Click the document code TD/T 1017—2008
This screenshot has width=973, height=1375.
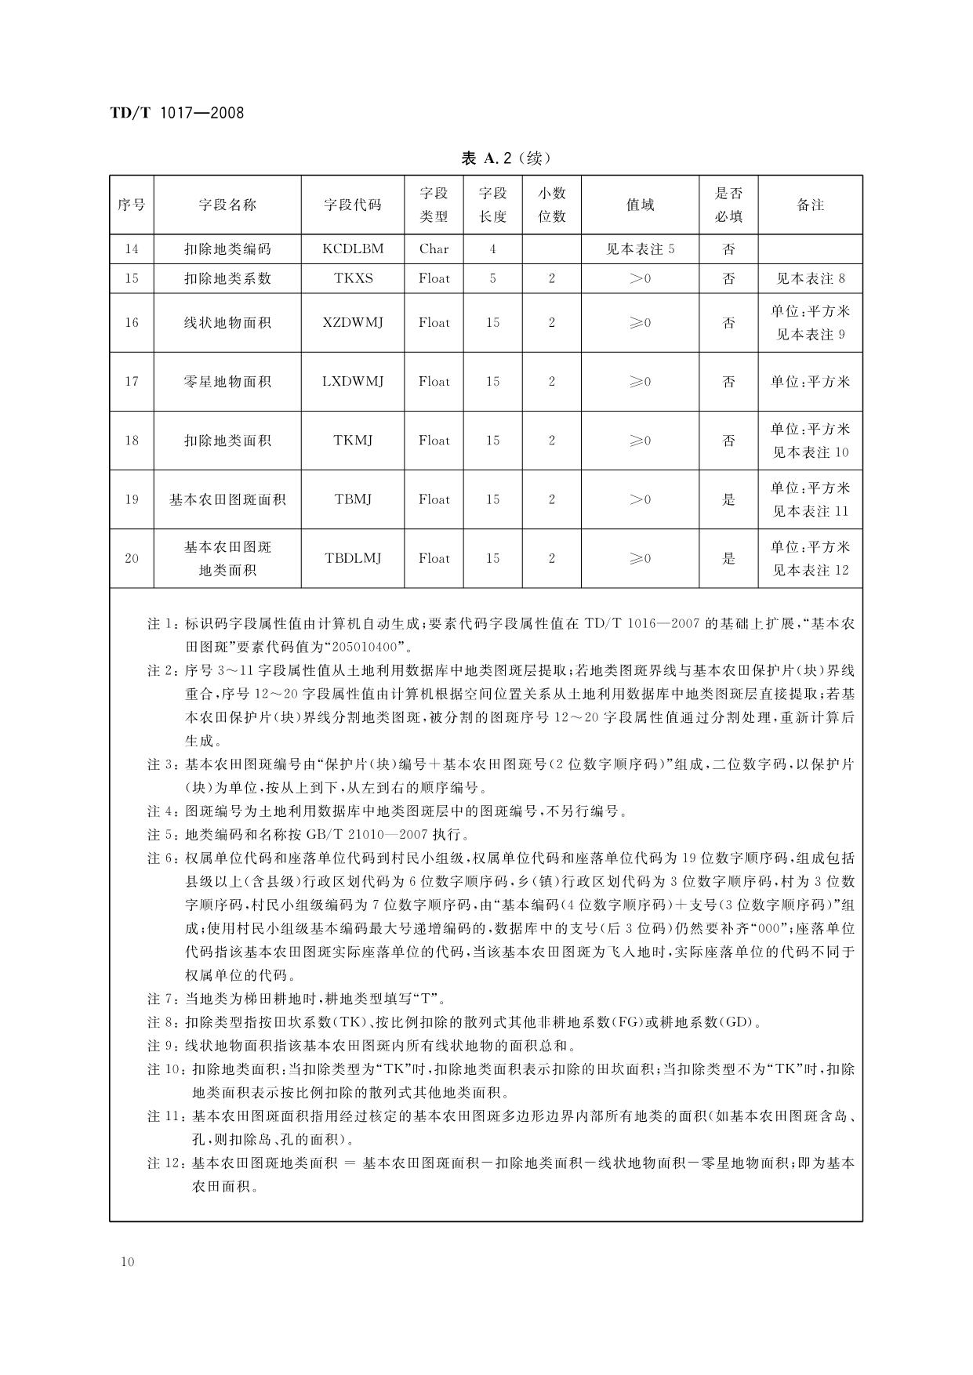tap(176, 113)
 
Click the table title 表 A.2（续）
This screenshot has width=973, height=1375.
tap(506, 158)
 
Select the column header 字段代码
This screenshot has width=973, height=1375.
tap(353, 205)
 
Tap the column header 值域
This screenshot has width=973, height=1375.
tap(640, 205)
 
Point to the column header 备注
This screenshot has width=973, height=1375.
tap(810, 205)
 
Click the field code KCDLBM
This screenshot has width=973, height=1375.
tap(353, 249)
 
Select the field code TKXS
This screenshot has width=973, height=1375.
tap(353, 278)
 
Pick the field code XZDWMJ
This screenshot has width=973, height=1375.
tap(353, 322)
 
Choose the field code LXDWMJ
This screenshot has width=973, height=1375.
tap(353, 382)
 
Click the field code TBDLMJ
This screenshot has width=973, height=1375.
tap(353, 558)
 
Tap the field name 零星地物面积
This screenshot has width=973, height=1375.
tap(227, 382)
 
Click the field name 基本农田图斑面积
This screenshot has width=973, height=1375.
tap(227, 499)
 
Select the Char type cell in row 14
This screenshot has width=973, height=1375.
tap(434, 249)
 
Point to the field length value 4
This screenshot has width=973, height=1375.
tap(492, 249)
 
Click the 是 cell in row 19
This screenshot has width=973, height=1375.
tap(728, 499)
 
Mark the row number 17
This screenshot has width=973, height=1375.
tap(132, 382)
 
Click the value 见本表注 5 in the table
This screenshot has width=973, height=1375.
tap(640, 249)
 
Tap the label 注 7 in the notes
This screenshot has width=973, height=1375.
tap(163, 1000)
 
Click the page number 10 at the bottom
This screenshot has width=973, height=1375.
tap(129, 1262)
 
